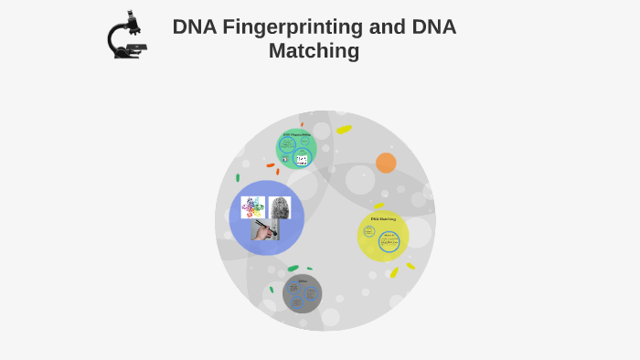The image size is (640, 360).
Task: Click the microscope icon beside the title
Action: click(127, 37)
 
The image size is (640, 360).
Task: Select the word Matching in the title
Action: click(314, 51)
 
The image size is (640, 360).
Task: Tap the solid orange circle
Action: click(386, 163)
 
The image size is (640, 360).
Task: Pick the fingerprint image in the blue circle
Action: click(280, 207)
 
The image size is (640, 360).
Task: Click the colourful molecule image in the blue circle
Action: click(253, 207)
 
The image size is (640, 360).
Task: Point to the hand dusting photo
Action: click(266, 230)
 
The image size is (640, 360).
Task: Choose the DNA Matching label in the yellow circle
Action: click(383, 219)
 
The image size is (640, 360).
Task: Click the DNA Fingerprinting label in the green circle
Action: click(296, 135)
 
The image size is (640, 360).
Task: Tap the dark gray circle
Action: click(303, 293)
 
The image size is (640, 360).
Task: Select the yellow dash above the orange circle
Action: click(344, 130)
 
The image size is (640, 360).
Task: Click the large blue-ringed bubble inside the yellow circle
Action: click(389, 241)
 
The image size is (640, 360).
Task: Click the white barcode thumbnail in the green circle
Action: click(302, 159)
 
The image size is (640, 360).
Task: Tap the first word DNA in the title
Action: click(194, 27)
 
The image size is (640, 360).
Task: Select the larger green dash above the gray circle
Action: click(293, 269)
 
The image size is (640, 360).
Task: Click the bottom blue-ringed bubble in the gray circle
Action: click(296, 302)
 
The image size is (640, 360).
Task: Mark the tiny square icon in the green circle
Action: click(285, 159)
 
